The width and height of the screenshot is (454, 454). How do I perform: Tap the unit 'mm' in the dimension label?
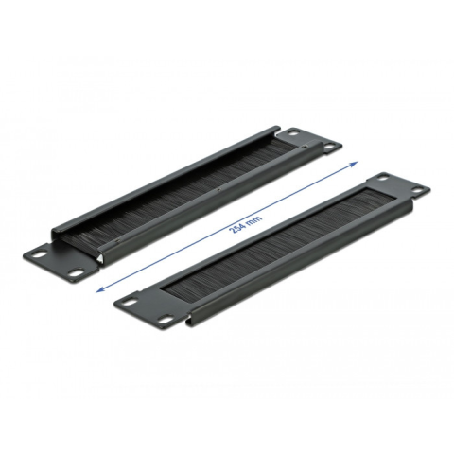point(254,216)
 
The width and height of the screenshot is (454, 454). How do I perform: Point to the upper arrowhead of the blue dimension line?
point(354,163)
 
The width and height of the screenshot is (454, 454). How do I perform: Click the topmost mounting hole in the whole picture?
point(296,132)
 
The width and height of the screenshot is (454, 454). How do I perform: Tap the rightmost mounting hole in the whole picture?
point(417,190)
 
